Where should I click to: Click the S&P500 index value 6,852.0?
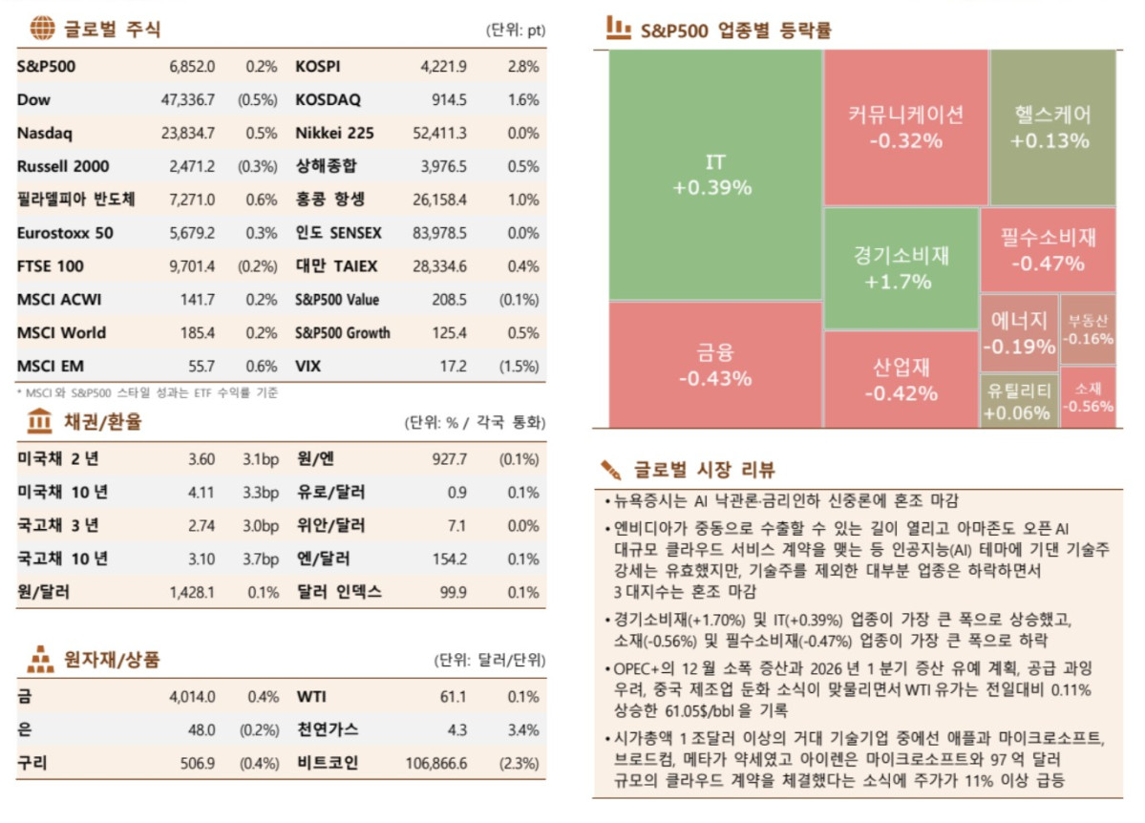pos(192,67)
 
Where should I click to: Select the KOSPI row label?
pos(318,67)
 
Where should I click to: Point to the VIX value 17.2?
pos(453,367)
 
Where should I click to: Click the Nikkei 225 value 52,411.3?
pos(439,133)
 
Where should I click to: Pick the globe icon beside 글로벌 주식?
pos(42,29)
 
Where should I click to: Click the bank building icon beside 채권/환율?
pos(41,421)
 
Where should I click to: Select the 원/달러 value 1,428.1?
pos(192,592)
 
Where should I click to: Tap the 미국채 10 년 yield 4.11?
pos(201,493)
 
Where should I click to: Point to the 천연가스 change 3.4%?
pos(523,730)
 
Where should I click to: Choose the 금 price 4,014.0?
pos(192,697)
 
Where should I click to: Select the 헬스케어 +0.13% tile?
pos(1051,127)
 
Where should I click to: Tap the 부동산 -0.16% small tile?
pos(1088,329)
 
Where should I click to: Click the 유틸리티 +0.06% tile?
pos(1019,400)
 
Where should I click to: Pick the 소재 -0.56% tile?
pos(1088,397)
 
